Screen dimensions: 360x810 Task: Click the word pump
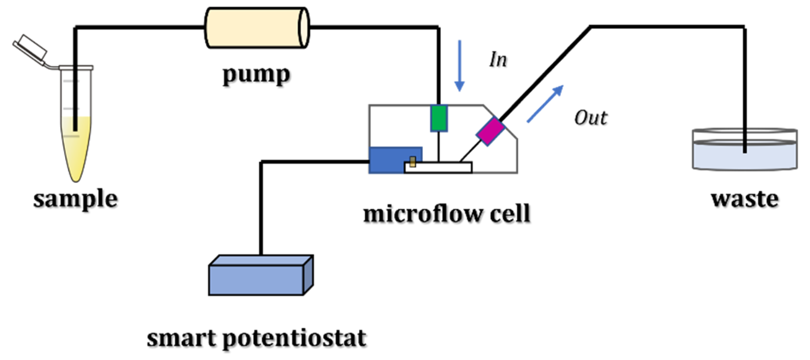pos(256,75)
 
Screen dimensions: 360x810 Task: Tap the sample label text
pos(76,199)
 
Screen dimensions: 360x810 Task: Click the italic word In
pos(498,59)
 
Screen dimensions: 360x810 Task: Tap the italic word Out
pos(590,118)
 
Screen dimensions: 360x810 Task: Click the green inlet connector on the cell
pos(439,118)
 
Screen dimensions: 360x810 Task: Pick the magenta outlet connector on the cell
pos(490,131)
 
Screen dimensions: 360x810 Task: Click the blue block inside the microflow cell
pos(387,159)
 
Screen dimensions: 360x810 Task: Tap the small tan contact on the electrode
pos(413,162)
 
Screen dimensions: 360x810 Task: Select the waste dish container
pos(745,155)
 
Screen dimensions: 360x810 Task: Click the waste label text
pos(744,199)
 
